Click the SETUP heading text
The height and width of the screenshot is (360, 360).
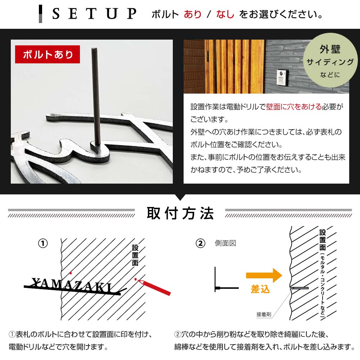pyautogui.click(x=94, y=14)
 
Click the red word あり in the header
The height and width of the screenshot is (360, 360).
pyautogui.click(x=193, y=14)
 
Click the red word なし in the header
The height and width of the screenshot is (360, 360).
pyautogui.click(x=225, y=14)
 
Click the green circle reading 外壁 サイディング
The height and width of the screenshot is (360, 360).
pyautogui.click(x=330, y=62)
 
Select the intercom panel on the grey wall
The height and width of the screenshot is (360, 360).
pyautogui.click(x=281, y=77)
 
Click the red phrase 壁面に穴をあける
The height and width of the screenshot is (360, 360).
pyautogui.click(x=294, y=107)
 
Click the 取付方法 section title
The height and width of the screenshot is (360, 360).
pyautogui.click(x=180, y=213)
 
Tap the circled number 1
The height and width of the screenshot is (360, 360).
pyautogui.click(x=43, y=243)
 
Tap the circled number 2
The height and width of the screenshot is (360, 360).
pyautogui.click(x=200, y=243)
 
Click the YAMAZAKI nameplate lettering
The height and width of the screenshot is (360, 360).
pyautogui.click(x=72, y=284)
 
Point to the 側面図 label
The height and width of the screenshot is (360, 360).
pyautogui.click(x=225, y=243)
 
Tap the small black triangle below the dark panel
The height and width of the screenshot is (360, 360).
pyautogui.click(x=180, y=197)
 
